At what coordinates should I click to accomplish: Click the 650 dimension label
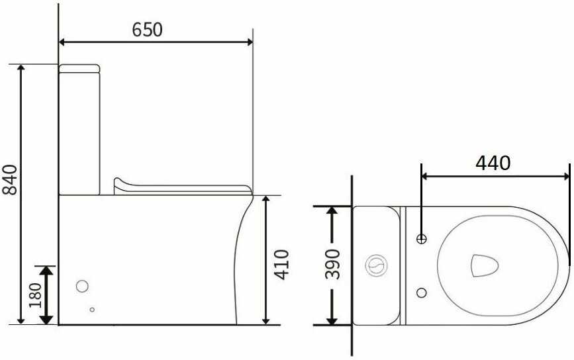[147, 30]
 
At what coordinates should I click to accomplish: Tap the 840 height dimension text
[10, 179]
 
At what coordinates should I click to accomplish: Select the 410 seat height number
[282, 265]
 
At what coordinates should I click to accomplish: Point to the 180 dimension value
[36, 295]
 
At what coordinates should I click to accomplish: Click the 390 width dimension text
[332, 264]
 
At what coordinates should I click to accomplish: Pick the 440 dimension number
[493, 163]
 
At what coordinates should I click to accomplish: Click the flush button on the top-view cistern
[376, 265]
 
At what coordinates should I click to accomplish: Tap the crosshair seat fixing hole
[422, 240]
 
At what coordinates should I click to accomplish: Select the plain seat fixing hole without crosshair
[422, 292]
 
